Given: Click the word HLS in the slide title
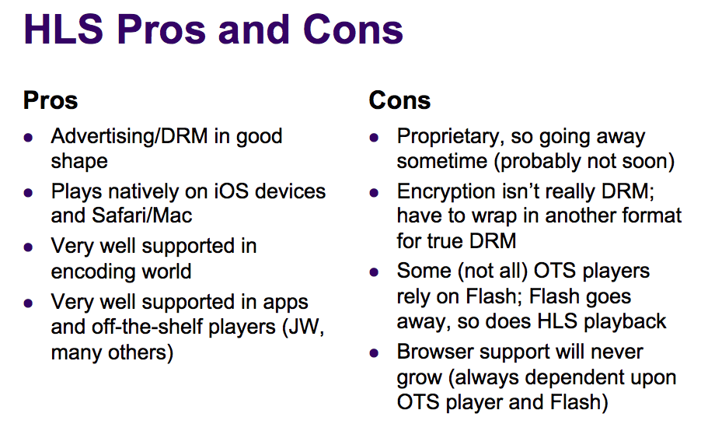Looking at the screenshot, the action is [64, 30].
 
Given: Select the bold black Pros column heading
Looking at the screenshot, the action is [51, 100].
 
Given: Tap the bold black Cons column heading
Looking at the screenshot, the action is [399, 100].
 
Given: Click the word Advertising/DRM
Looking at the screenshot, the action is [130, 136].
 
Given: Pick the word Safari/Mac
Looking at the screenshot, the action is [141, 215].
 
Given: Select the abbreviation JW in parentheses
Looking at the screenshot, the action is [302, 327].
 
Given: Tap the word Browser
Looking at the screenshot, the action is [435, 352].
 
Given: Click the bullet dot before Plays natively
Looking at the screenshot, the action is [29, 193].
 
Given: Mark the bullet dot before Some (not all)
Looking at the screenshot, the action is [374, 272].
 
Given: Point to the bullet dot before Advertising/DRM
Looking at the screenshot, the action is [29, 138].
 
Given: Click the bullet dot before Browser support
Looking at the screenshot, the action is [374, 353].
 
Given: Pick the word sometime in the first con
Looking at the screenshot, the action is [442, 161].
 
